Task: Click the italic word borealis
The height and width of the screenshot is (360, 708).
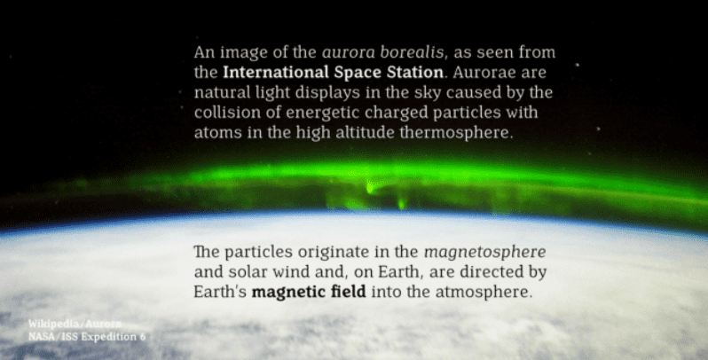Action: point(412,52)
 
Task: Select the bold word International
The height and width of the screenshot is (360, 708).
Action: point(276,72)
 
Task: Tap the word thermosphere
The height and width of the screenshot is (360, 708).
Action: point(456,133)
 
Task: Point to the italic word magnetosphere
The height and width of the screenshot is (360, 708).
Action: point(485,252)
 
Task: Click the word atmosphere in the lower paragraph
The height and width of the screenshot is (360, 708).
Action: point(484,292)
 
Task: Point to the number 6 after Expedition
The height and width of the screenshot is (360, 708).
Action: point(143,337)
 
